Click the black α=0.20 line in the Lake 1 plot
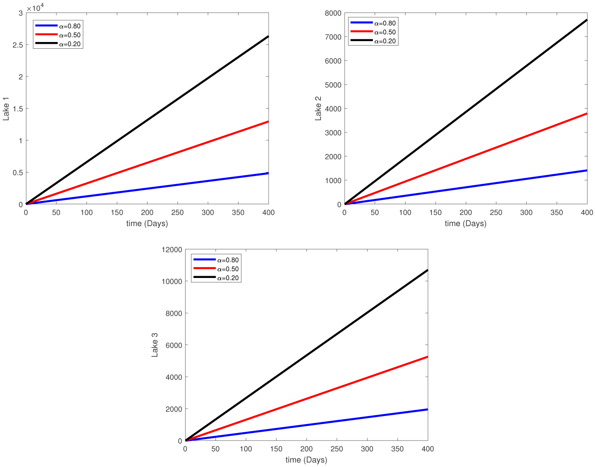click(x=147, y=120)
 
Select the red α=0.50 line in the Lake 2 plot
click(x=465, y=159)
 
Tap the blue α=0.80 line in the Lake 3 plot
click(x=307, y=425)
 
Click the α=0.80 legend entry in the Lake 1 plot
click(x=69, y=26)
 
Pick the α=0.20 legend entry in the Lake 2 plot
click(x=385, y=41)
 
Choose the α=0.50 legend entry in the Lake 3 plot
click(x=228, y=269)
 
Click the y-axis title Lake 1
click(x=6, y=109)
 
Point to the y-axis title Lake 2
click(x=318, y=112)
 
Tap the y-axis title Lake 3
click(x=155, y=345)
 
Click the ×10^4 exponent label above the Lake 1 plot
click(x=36, y=8)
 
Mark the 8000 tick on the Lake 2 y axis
click(x=333, y=13)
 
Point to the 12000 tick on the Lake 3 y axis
click(x=172, y=249)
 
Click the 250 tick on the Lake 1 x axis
click(x=178, y=213)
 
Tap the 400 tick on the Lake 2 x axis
click(x=587, y=213)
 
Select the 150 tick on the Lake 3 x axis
click(x=276, y=449)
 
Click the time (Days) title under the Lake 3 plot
click(x=306, y=460)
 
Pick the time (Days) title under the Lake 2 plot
click(x=465, y=223)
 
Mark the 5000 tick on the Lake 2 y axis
click(x=333, y=85)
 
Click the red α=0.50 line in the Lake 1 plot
click(x=147, y=163)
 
